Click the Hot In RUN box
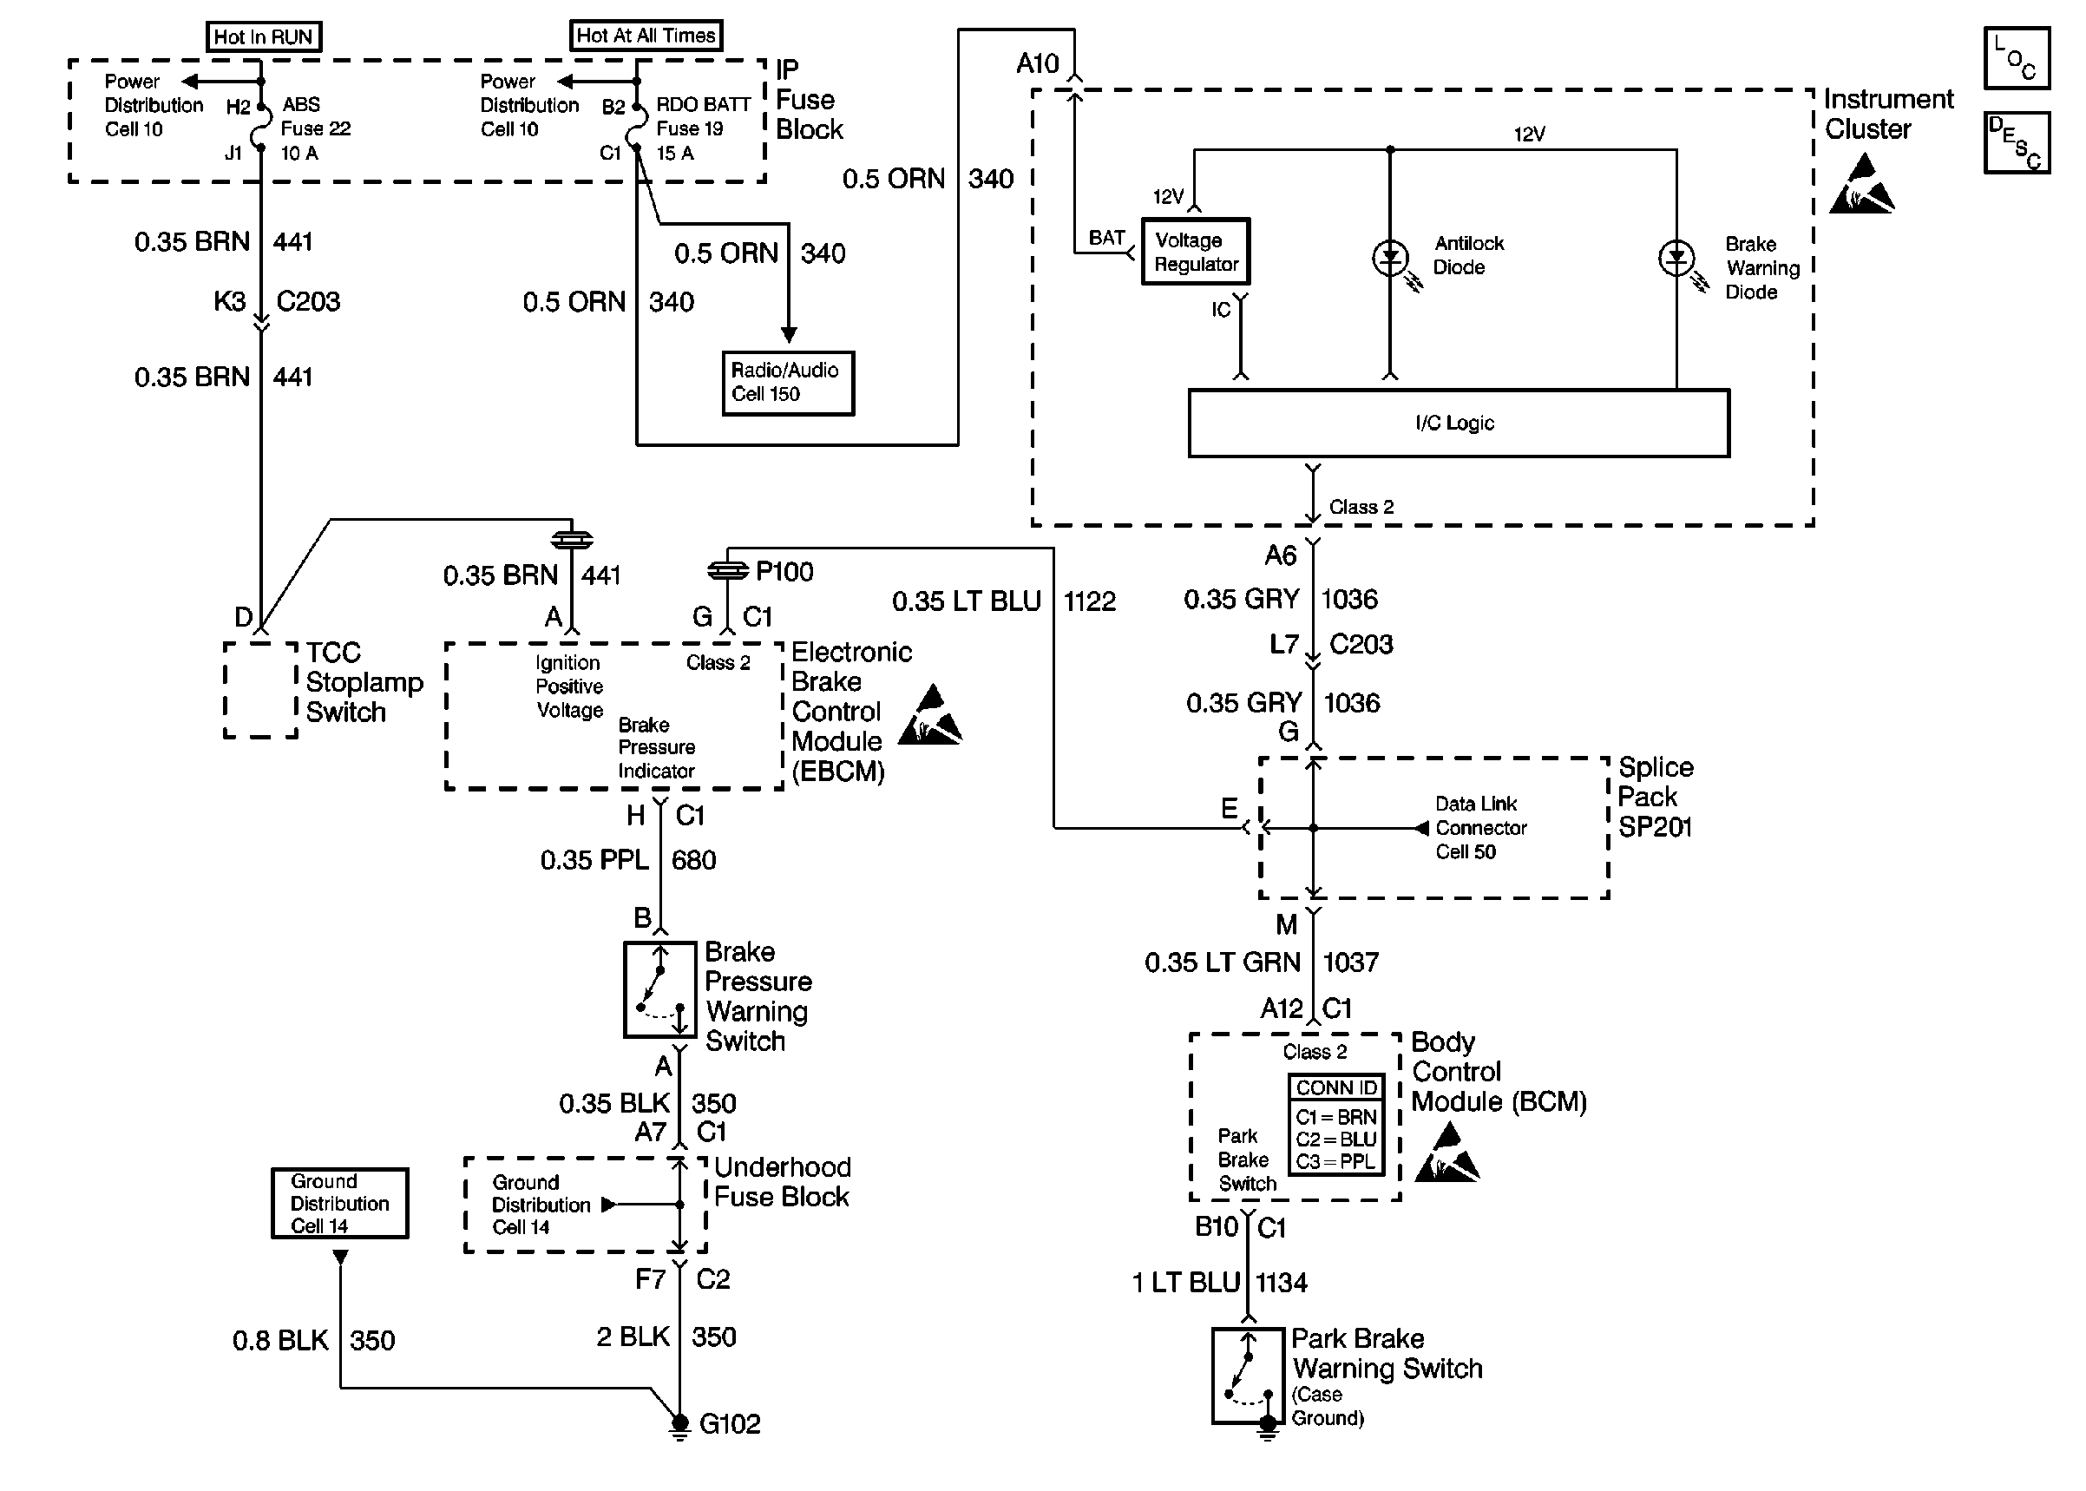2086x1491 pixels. pyautogui.click(x=264, y=36)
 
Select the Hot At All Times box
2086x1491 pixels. pyautogui.click(x=646, y=36)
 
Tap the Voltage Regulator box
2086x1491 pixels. pyautogui.click(x=1196, y=252)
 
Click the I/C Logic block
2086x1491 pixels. pyautogui.click(x=1459, y=424)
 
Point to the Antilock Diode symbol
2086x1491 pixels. pyautogui.click(x=1390, y=258)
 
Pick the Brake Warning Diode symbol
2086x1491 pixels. pyautogui.click(x=1676, y=259)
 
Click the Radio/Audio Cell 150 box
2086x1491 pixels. pyautogui.click(x=787, y=383)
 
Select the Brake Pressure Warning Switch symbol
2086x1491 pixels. pyautogui.click(x=659, y=989)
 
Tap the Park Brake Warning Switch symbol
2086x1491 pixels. pyautogui.click(x=1248, y=1376)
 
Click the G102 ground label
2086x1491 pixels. pyautogui.click(x=730, y=1424)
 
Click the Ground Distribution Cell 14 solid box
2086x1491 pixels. pyautogui.click(x=339, y=1204)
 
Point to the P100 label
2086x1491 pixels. pyautogui.click(x=784, y=572)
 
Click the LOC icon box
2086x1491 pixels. pyautogui.click(x=2017, y=58)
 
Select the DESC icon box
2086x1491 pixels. pyautogui.click(x=2017, y=143)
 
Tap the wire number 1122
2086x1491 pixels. pyautogui.click(x=1089, y=601)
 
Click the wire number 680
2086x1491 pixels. pyautogui.click(x=694, y=860)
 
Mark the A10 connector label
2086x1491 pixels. pyautogui.click(x=1037, y=63)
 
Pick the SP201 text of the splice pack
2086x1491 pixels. pyautogui.click(x=1655, y=827)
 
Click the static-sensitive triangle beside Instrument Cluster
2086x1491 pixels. pyautogui.click(x=1862, y=186)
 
